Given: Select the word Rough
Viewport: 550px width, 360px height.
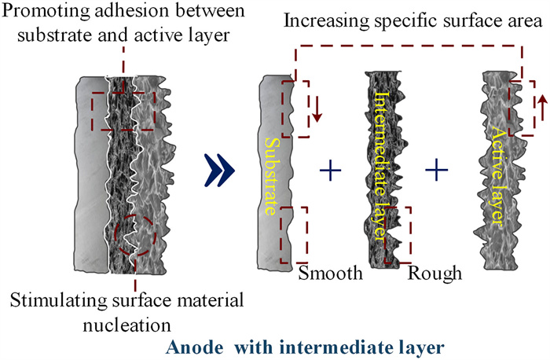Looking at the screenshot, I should (x=434, y=274).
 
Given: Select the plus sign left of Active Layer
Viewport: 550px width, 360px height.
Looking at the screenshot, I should (x=436, y=168).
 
